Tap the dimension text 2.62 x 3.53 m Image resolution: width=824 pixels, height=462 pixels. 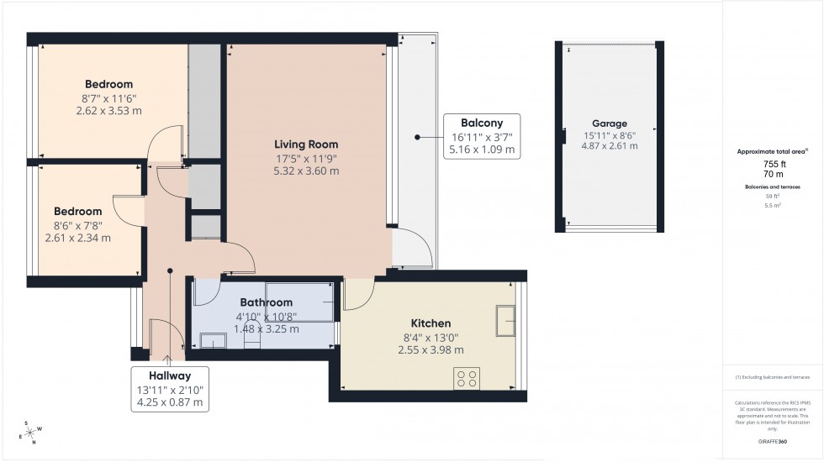[x=108, y=111]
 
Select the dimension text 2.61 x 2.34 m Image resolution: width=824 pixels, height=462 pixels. [x=77, y=238]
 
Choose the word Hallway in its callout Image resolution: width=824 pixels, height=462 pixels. [x=170, y=375]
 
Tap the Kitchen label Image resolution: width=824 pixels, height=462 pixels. [x=430, y=323]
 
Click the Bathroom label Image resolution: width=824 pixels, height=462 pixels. [x=266, y=302]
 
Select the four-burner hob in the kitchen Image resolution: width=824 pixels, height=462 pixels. [x=467, y=378]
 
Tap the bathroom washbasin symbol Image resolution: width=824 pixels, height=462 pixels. [x=213, y=340]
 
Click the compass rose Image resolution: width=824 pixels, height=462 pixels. [x=31, y=433]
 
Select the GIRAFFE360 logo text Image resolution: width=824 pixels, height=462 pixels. [x=772, y=441]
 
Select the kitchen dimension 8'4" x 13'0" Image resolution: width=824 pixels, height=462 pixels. [x=430, y=338]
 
